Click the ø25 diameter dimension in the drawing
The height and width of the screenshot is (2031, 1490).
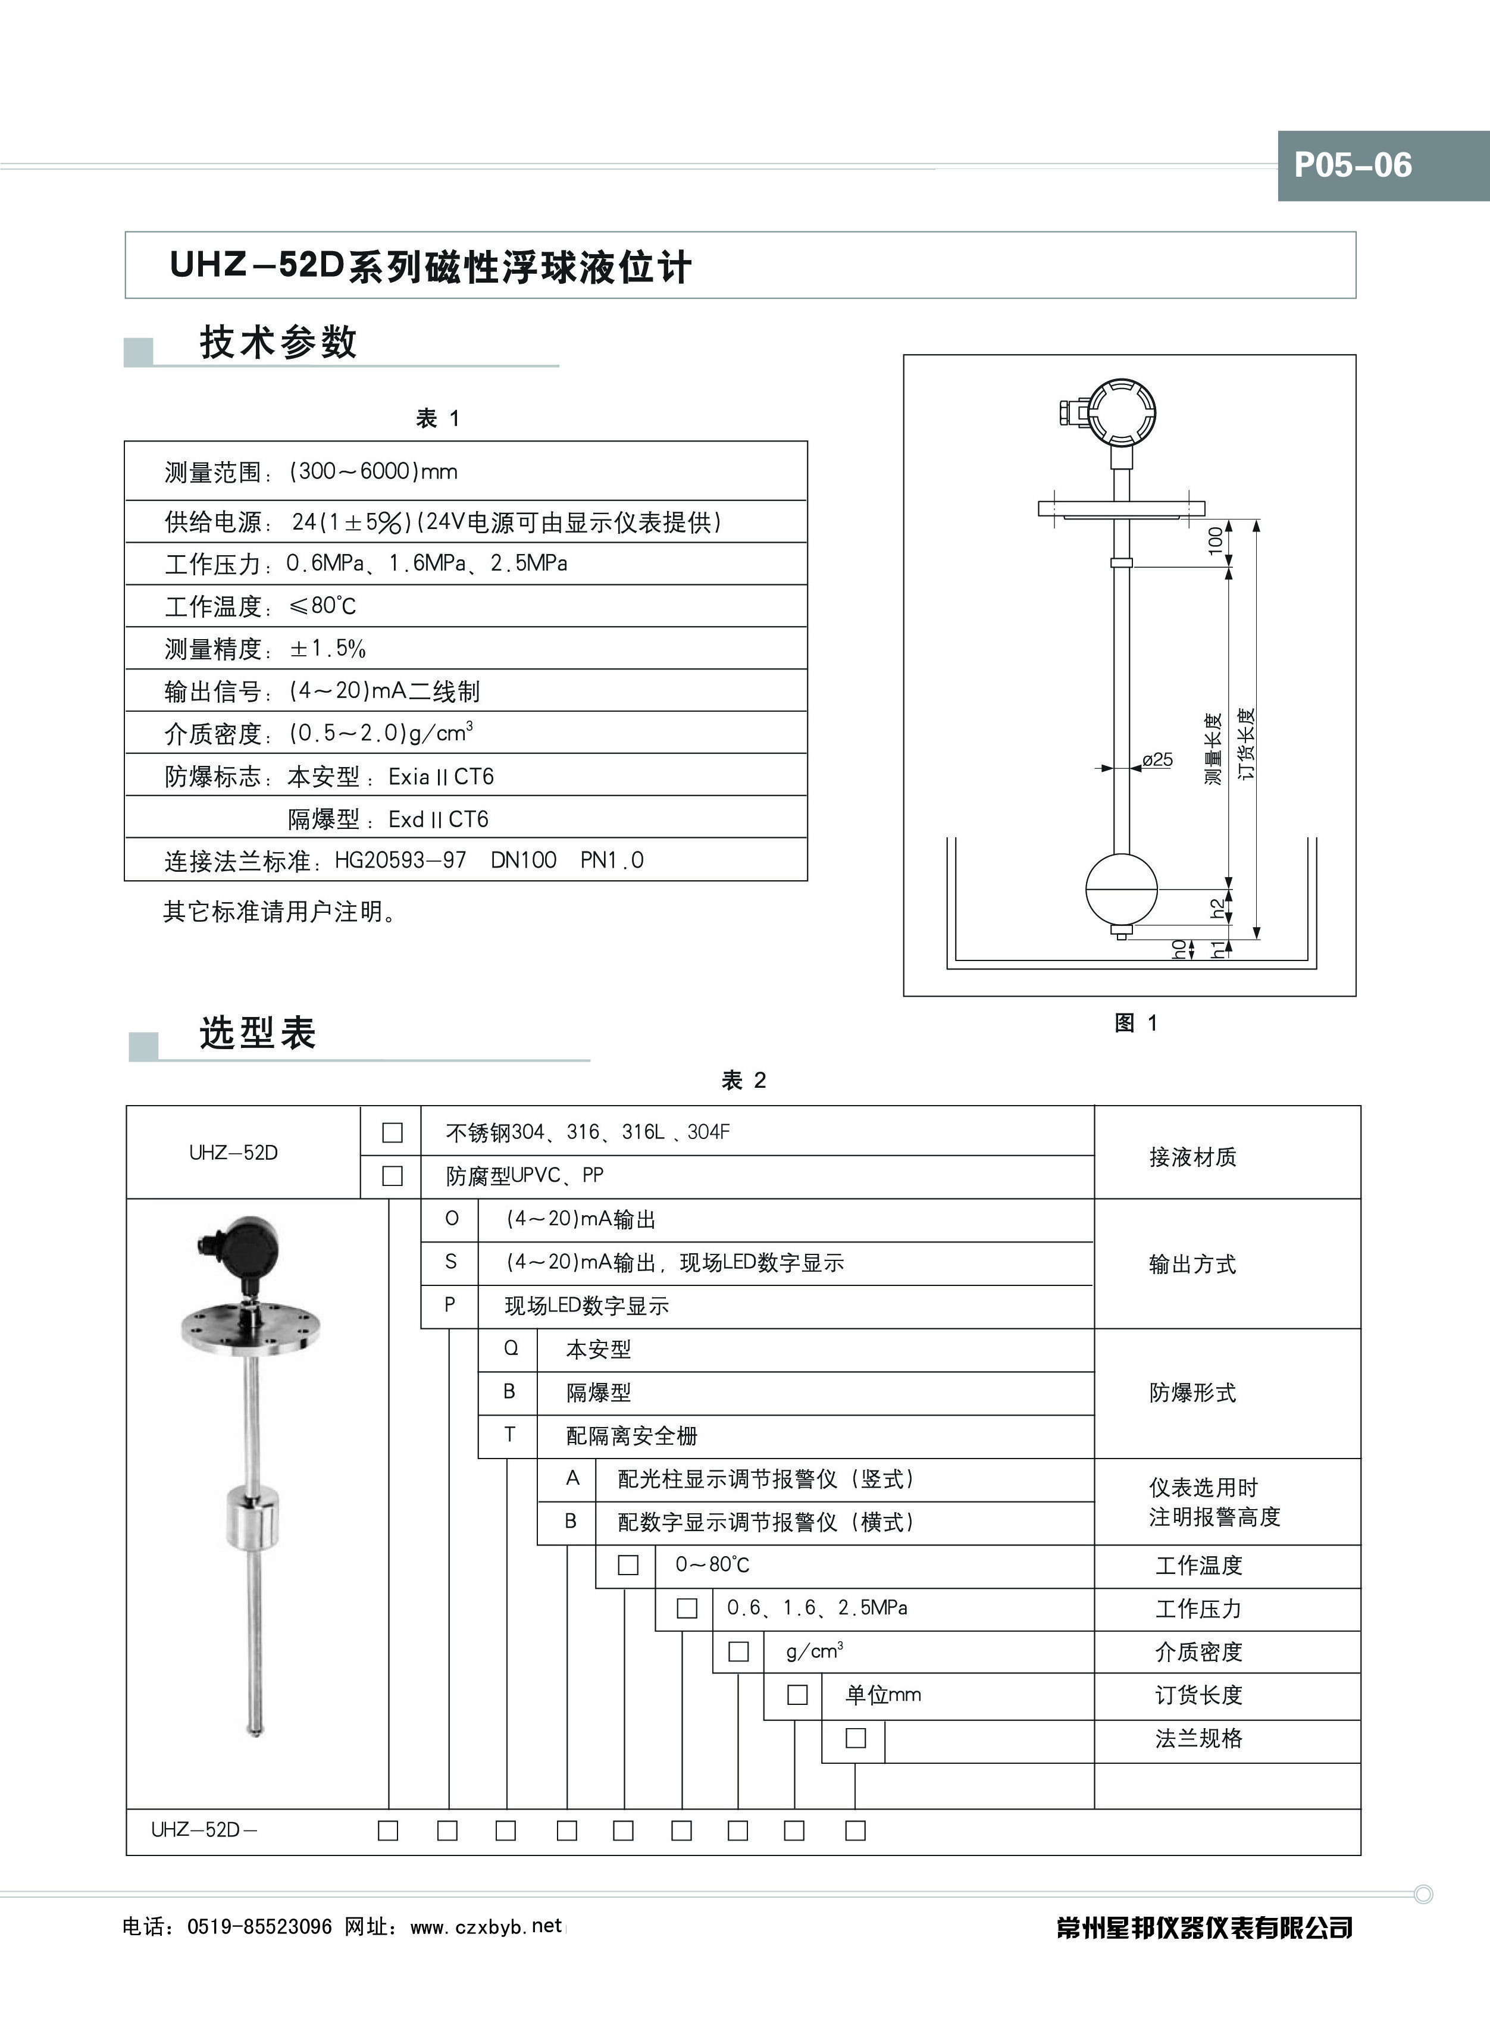pyautogui.click(x=1157, y=759)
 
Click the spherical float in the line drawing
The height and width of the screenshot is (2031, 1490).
pyautogui.click(x=1120, y=888)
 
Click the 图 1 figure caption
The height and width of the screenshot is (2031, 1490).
pyautogui.click(x=1135, y=1023)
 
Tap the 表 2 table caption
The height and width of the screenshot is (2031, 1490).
pyautogui.click(x=743, y=1081)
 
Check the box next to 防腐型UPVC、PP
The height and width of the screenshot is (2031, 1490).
pyautogui.click(x=392, y=1176)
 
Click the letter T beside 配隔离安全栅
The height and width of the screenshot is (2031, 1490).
pyautogui.click(x=509, y=1435)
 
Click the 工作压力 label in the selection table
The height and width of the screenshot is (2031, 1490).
pyautogui.click(x=1198, y=1609)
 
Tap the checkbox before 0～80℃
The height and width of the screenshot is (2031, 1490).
pyautogui.click(x=628, y=1564)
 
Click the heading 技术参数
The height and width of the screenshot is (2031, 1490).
pyautogui.click(x=278, y=343)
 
